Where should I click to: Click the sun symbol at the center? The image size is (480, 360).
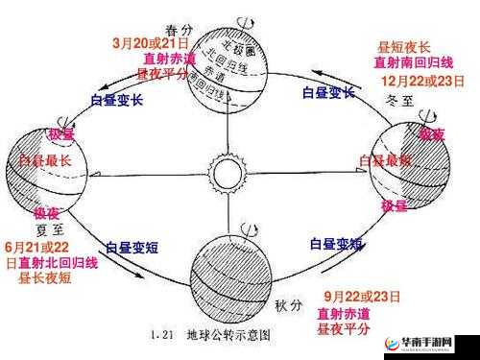[229, 175]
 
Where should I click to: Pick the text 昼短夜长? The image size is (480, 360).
[403, 46]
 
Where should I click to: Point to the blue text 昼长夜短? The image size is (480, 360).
[45, 278]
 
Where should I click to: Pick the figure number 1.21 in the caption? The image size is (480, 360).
[162, 336]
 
